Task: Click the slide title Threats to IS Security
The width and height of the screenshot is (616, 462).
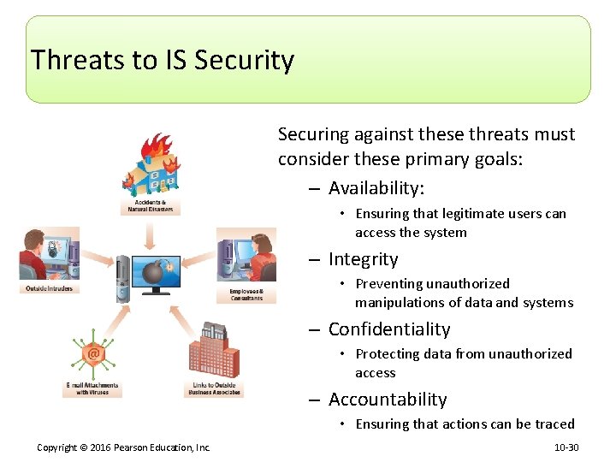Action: click(163, 61)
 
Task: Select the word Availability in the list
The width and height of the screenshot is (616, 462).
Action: click(374, 188)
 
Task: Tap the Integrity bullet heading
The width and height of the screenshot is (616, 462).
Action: click(363, 259)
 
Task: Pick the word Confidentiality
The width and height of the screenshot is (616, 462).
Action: click(388, 329)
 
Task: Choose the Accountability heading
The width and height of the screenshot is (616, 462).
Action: click(387, 400)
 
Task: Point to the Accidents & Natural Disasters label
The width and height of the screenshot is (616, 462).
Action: click(150, 206)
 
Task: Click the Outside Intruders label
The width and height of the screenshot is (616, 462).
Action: click(49, 288)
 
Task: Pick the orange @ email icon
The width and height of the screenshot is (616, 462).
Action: click(92, 352)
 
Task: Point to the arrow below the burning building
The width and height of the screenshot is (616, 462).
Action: click(151, 233)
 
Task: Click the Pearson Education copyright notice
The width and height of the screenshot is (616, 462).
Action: click(124, 447)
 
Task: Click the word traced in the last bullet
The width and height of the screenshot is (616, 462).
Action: click(553, 424)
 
